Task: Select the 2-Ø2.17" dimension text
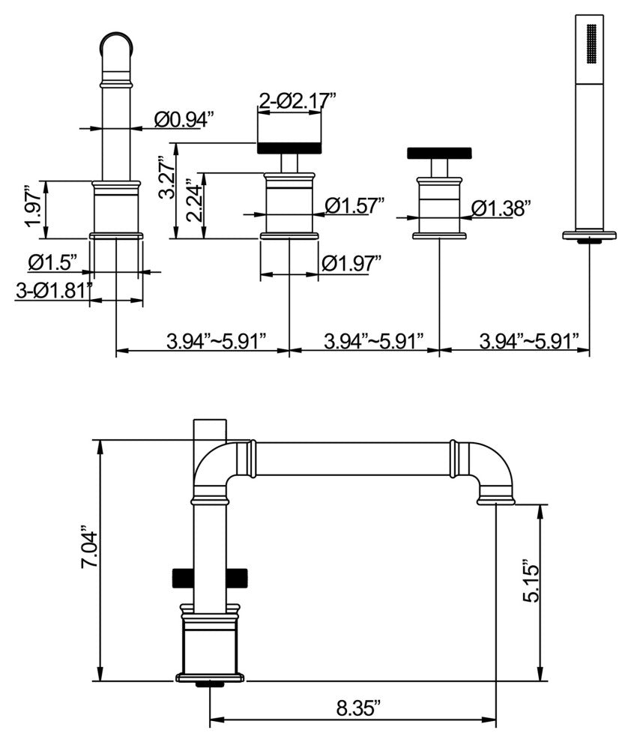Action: tap(297, 100)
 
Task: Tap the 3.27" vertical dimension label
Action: tap(166, 177)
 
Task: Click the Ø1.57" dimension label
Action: tap(354, 205)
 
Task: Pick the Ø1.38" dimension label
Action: tap(501, 208)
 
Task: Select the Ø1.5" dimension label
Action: tap(52, 262)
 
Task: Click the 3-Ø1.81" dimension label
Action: tap(53, 290)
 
